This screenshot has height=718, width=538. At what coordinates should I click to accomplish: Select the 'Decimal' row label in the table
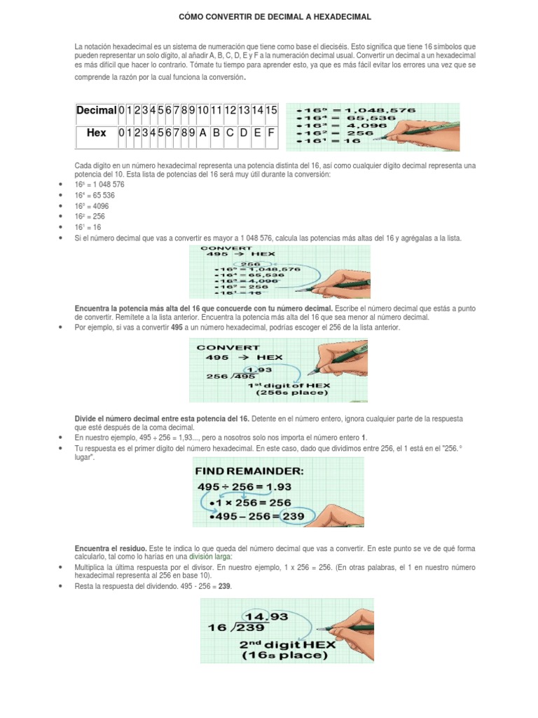pyautogui.click(x=96, y=110)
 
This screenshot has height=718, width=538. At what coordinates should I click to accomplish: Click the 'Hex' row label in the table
pyautogui.click(x=96, y=133)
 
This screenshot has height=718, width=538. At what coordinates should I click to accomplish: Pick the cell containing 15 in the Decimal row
pyautogui.click(x=271, y=110)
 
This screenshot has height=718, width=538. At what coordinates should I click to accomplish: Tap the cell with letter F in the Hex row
pyautogui.click(x=271, y=133)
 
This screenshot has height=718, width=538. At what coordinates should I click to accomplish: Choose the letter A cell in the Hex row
pyautogui.click(x=202, y=133)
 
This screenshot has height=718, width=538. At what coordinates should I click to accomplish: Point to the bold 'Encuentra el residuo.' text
pyautogui.click(x=109, y=547)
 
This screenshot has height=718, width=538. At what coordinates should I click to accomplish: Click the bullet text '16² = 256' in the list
pyautogui.click(x=90, y=217)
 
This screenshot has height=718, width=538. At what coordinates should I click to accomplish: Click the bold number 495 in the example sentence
pyautogui.click(x=178, y=327)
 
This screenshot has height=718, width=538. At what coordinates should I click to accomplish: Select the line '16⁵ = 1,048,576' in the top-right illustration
pyautogui.click(x=360, y=111)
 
